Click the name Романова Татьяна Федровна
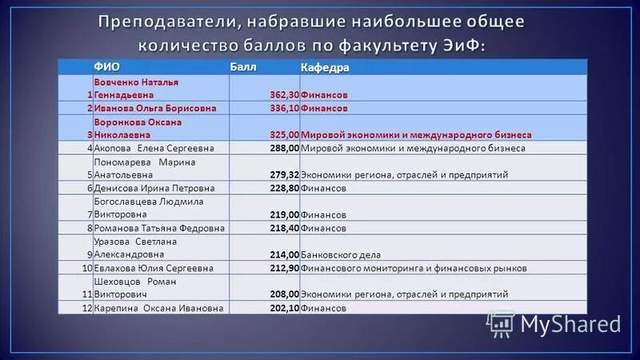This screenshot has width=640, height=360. (x=148, y=228)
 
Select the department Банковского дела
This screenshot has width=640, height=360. (x=340, y=254)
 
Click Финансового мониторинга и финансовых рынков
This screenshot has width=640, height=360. (x=414, y=267)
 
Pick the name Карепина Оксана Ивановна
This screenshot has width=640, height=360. (x=147, y=307)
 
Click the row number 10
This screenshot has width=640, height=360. (x=87, y=267)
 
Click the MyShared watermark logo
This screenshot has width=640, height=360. (x=555, y=323)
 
